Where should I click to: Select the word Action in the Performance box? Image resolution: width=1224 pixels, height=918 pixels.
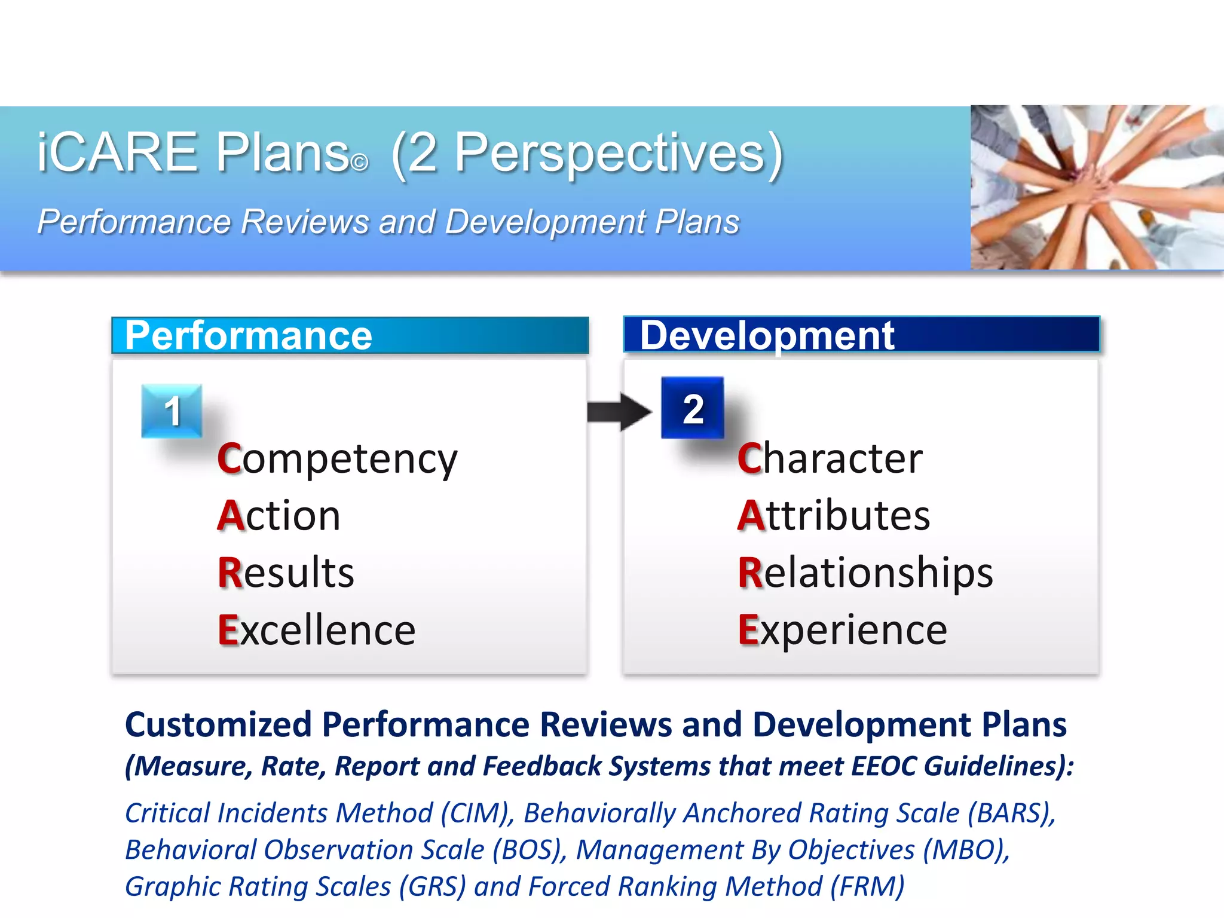click(279, 516)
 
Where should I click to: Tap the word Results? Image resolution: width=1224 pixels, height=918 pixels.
click(286, 573)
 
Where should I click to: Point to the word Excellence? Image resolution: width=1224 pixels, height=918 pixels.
click(316, 630)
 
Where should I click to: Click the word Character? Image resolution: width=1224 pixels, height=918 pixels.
click(830, 459)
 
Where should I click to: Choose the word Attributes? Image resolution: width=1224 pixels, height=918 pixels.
click(833, 516)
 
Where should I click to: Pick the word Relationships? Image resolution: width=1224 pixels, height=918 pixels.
click(865, 573)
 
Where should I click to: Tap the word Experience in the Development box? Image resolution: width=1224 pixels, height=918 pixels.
click(842, 630)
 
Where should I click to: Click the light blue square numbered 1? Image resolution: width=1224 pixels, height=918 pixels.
click(172, 411)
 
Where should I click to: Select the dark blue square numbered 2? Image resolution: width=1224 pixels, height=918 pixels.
click(693, 408)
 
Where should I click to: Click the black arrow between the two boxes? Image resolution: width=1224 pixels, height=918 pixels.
click(619, 412)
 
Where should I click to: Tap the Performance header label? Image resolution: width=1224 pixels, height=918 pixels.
click(249, 335)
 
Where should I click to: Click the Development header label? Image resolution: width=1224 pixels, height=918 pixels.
click(767, 335)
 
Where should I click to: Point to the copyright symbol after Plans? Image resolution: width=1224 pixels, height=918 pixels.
click(360, 163)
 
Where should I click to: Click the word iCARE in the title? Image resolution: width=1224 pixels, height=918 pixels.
click(117, 152)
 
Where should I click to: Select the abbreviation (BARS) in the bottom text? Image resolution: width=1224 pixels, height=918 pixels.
click(1011, 813)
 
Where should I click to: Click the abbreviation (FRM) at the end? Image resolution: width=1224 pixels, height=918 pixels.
click(867, 887)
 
